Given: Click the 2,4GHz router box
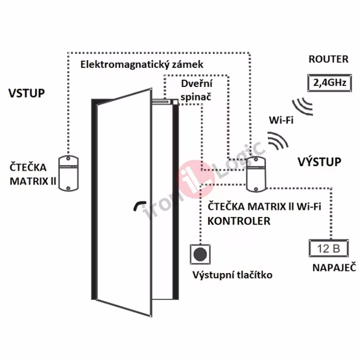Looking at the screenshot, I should pyautogui.click(x=326, y=83).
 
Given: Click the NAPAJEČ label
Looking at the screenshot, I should pyautogui.click(x=327, y=268).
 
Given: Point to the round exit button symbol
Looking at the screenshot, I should pyautogui.click(x=200, y=254).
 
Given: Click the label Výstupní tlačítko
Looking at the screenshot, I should pyautogui.click(x=233, y=275).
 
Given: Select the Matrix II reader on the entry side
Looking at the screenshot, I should pyautogui.click(x=70, y=173).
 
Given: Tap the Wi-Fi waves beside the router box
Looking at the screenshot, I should pyautogui.click(x=304, y=103).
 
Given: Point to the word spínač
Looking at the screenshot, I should pyautogui.click(x=196, y=96).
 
